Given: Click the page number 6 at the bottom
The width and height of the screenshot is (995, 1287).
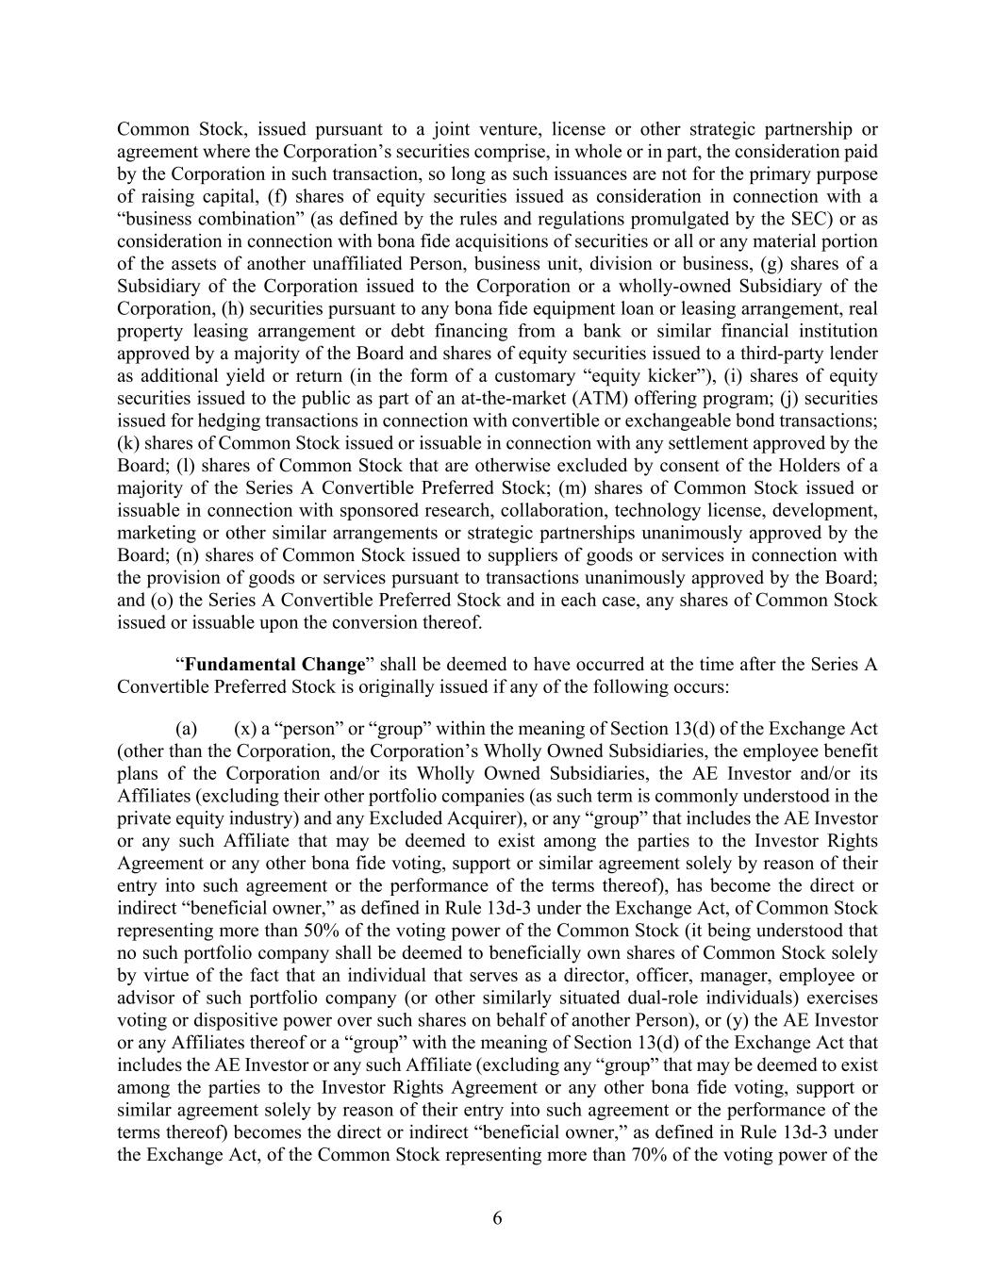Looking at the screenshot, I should pyautogui.click(x=497, y=1218).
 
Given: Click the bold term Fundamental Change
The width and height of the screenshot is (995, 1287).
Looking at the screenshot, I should pyautogui.click(x=274, y=665).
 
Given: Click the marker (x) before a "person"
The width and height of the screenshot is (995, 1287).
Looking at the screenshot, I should pyautogui.click(x=245, y=729).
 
